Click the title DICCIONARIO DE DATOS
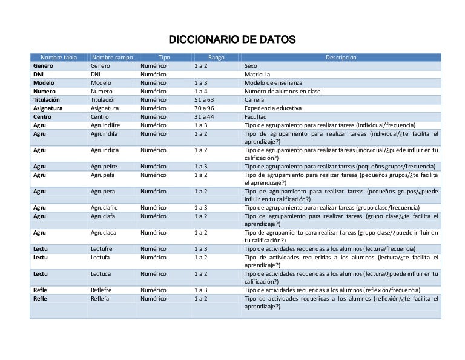click(232, 41)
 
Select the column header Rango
click(216, 58)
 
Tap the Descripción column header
click(341, 58)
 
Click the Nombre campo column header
click(113, 58)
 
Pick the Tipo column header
click(164, 58)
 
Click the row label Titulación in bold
click(47, 99)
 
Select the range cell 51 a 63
click(204, 99)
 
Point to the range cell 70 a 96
click(204, 108)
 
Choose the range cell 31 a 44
click(204, 116)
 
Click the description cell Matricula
click(258, 74)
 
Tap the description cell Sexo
click(250, 65)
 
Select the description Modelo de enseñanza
click(273, 82)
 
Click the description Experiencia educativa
click(273, 108)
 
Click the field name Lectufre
click(103, 248)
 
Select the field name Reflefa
click(101, 298)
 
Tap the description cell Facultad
click(256, 116)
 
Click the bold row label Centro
click(42, 116)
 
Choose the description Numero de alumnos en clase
click(282, 91)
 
